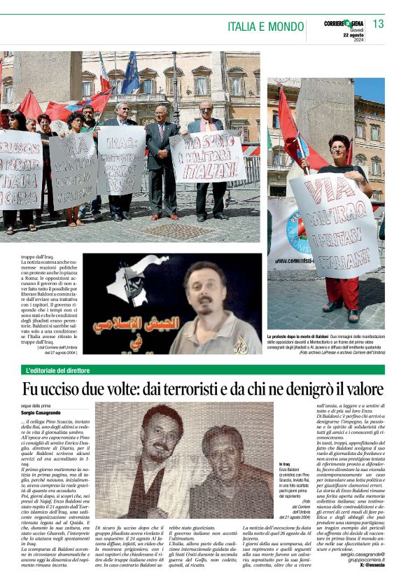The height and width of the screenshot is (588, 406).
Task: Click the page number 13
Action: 378,24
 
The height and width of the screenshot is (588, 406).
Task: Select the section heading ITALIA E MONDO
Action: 264,26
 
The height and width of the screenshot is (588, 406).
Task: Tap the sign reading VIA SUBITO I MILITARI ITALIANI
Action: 208,155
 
